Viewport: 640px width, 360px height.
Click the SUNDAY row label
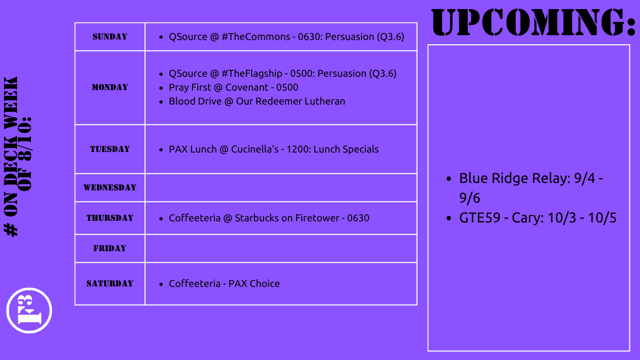(x=110, y=37)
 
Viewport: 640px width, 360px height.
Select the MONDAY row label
(x=110, y=87)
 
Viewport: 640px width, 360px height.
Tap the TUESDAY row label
(x=110, y=149)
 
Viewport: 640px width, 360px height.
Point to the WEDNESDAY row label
(x=110, y=188)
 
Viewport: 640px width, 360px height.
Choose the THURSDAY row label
(x=110, y=218)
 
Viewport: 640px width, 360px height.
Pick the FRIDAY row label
(x=110, y=249)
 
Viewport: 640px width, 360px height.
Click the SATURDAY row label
(x=110, y=284)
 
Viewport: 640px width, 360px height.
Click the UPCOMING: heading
(x=533, y=22)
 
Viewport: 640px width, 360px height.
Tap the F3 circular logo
(x=29, y=310)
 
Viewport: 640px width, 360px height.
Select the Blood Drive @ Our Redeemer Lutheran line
(x=257, y=101)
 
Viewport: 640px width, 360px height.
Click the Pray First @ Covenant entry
(x=233, y=87)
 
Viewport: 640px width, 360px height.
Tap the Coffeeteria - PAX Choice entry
(x=224, y=284)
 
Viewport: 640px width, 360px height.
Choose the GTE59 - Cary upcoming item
(x=538, y=218)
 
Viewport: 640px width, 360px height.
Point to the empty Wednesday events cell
(x=281, y=188)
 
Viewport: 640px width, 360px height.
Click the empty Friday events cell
(x=281, y=249)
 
